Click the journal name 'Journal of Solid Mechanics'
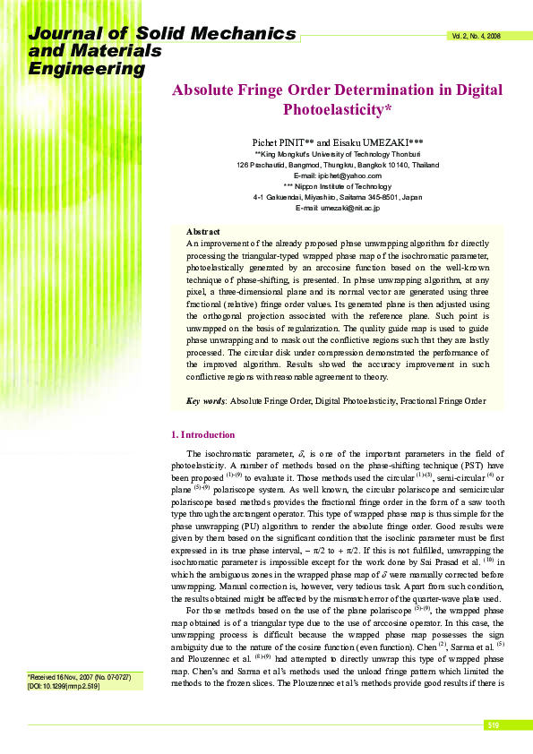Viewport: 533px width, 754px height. tap(162, 34)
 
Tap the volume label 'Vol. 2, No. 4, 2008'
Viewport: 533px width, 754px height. tap(476, 37)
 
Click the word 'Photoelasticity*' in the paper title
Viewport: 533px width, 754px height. tap(338, 110)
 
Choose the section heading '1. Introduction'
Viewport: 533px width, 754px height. tap(202, 434)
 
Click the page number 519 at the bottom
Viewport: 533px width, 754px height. tap(493, 724)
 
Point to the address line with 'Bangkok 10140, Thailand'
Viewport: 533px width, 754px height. tap(338, 166)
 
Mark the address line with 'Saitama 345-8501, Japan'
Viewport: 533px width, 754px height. tap(338, 197)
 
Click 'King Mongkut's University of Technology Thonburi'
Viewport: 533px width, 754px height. tap(338, 155)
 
